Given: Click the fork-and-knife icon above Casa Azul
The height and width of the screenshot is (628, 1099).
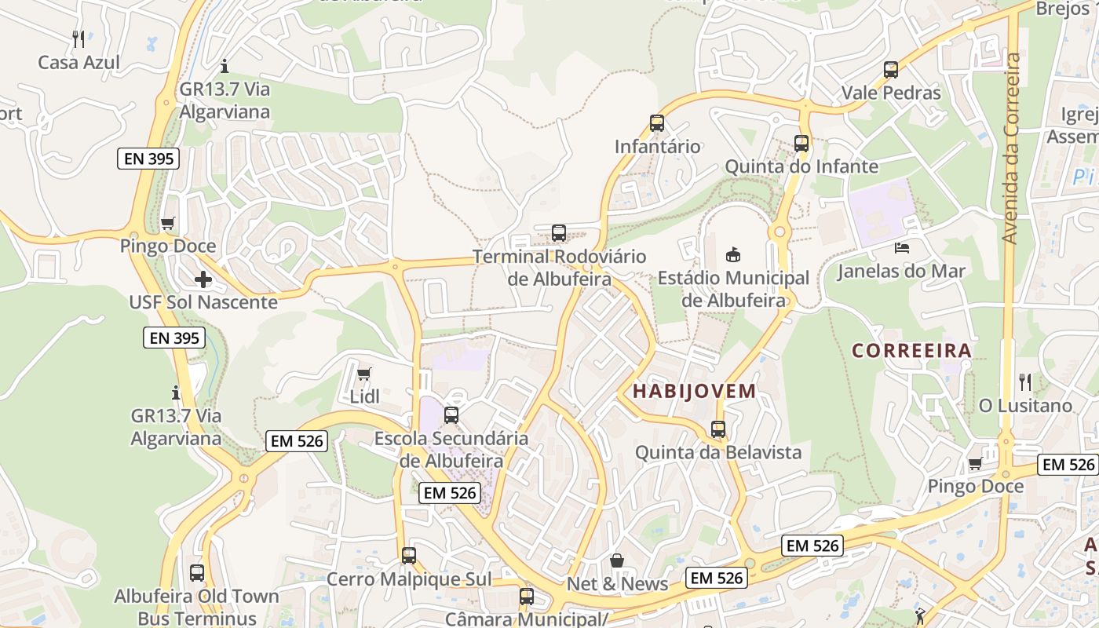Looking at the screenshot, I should pos(78,38).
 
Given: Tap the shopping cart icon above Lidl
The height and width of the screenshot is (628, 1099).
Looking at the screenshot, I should pos(363,374).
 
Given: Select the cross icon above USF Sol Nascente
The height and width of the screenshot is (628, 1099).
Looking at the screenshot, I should pos(203,279).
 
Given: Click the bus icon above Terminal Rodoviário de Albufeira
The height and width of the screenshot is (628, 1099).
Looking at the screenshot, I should pos(559,232).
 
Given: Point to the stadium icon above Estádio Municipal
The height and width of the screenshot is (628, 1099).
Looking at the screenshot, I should pos(733,254).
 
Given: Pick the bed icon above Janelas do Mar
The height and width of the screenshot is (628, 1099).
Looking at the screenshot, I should pos(902,248).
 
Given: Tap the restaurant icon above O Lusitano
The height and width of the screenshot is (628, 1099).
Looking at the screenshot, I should pos(1025,382).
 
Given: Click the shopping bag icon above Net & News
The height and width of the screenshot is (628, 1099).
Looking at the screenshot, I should pos(617,560).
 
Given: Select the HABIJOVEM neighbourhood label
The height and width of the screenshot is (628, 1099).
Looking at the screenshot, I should pos(695,390).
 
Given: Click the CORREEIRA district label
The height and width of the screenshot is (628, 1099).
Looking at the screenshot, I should pos(912,350).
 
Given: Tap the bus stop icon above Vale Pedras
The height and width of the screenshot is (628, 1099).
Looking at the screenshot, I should pos(891,69).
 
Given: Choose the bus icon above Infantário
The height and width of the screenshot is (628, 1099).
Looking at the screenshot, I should pos(657,122).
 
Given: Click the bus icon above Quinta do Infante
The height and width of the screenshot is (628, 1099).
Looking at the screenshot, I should pos(801,143).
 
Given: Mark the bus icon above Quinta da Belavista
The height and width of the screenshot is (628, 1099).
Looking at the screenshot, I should pos(718,429).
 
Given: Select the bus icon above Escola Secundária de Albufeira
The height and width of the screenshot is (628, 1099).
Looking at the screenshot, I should pos(451,414).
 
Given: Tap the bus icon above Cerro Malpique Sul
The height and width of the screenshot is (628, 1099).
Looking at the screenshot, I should pos(409,556).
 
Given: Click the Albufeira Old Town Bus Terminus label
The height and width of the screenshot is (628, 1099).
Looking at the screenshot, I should pos(196,607).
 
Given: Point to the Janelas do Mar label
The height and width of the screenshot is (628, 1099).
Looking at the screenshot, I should pos(901,272).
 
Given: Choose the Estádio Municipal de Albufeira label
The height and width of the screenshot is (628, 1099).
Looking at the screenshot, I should pos(733,289).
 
